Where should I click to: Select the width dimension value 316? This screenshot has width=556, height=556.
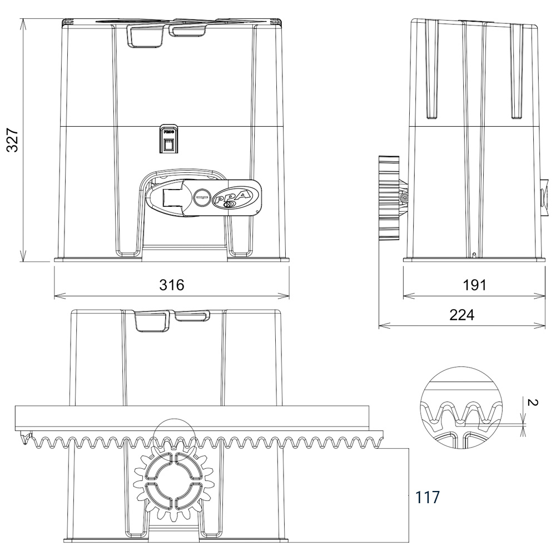[171, 285]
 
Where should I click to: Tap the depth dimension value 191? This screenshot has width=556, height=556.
[474, 285]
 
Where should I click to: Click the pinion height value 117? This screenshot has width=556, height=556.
[428, 497]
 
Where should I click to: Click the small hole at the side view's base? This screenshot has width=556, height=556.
[473, 255]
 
